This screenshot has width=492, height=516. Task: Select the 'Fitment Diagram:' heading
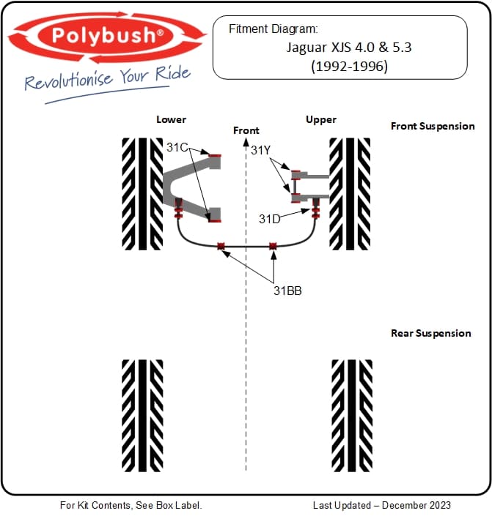point(273,29)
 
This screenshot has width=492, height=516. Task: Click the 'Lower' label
point(171,119)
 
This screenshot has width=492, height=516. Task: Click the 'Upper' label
point(321,119)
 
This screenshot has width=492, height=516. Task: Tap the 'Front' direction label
point(246,130)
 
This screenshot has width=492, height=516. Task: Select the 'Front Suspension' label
point(433,126)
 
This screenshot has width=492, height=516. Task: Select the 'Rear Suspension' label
point(431,333)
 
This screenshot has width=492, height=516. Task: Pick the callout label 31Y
point(261,150)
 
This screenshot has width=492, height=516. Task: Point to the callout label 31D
point(269,218)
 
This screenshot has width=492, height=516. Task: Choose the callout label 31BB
point(287,290)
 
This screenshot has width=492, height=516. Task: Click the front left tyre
point(142,193)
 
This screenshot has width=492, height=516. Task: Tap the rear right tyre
point(350,414)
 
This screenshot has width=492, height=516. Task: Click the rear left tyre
point(142,414)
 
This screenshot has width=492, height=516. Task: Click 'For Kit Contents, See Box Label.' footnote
point(131,505)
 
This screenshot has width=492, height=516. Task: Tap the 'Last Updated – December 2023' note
point(381,505)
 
